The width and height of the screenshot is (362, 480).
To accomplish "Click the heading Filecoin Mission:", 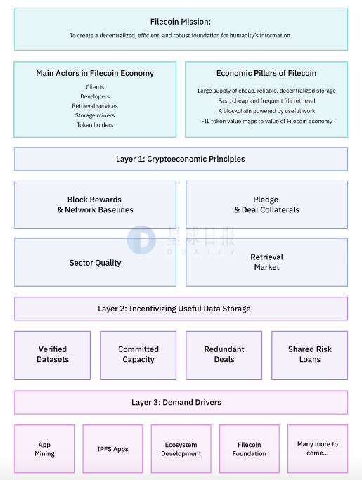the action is pyautogui.click(x=181, y=22).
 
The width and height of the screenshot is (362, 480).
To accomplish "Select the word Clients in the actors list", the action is pyautogui.click(x=95, y=87).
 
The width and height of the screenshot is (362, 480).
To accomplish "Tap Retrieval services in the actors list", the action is pyautogui.click(x=95, y=106).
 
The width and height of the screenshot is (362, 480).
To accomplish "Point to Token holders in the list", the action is pyautogui.click(x=95, y=125).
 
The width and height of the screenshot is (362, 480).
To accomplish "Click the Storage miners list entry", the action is pyautogui.click(x=95, y=115).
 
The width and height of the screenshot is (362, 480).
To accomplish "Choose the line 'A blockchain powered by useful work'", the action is pyautogui.click(x=266, y=111).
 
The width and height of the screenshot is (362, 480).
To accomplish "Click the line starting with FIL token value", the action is pyautogui.click(x=266, y=121).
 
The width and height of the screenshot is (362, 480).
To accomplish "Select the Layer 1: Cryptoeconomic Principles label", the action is pyautogui.click(x=181, y=159).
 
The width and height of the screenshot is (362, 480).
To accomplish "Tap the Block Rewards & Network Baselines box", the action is pyautogui.click(x=96, y=205).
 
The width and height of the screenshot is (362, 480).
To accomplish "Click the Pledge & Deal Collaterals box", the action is pyautogui.click(x=266, y=205).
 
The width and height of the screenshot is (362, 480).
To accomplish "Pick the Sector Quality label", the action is pyautogui.click(x=96, y=263).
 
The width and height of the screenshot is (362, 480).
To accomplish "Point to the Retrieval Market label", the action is pyautogui.click(x=266, y=262).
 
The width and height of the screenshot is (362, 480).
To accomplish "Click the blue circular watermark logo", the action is pyautogui.click(x=141, y=240).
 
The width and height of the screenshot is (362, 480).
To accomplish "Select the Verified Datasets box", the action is pyautogui.click(x=53, y=355).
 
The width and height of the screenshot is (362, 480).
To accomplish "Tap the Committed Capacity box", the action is pyautogui.click(x=138, y=355).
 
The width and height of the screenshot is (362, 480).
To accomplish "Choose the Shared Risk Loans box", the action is pyautogui.click(x=309, y=355).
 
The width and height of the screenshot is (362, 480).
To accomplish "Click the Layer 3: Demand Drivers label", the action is pyautogui.click(x=176, y=402).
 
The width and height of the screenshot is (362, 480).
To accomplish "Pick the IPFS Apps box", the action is pyautogui.click(x=112, y=449).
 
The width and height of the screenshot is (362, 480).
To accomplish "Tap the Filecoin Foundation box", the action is pyautogui.click(x=250, y=449).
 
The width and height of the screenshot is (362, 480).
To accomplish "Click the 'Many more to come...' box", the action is pyautogui.click(x=318, y=449).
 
